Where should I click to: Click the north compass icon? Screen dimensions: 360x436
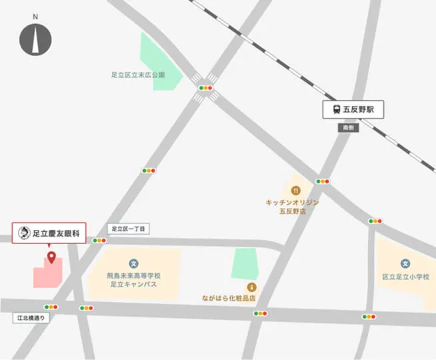tap(35, 39)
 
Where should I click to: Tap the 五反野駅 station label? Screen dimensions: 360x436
tap(353, 109)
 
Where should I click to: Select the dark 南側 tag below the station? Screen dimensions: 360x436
tap(347, 127)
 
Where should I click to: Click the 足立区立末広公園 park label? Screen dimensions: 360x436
tap(137, 75)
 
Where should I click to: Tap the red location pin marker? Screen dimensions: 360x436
tap(51, 257)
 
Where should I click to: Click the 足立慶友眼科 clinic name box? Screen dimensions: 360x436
tap(49, 233)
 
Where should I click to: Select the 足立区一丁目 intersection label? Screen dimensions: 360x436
tap(128, 229)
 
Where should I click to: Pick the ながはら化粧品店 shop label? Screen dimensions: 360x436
tap(230, 299)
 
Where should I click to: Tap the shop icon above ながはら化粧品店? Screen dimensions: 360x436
tap(251, 286)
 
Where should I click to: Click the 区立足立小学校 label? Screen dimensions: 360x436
tap(406, 277)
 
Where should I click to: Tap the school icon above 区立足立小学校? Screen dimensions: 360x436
tap(405, 263)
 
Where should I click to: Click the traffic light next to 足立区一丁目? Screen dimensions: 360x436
tap(99, 241)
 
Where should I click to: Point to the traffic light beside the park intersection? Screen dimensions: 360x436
tap(205, 87)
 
